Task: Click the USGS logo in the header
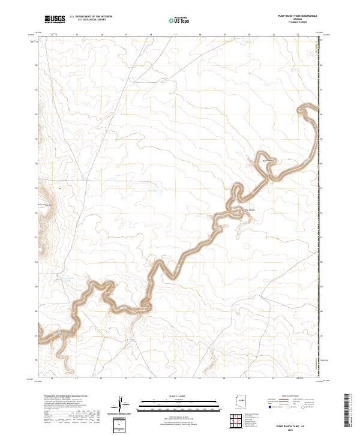tap(55, 19)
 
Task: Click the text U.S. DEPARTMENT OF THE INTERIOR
tap(91, 17)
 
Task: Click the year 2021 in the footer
tap(293, 430)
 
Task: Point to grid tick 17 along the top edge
tap(175, 34)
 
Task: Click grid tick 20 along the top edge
tap(248, 34)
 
